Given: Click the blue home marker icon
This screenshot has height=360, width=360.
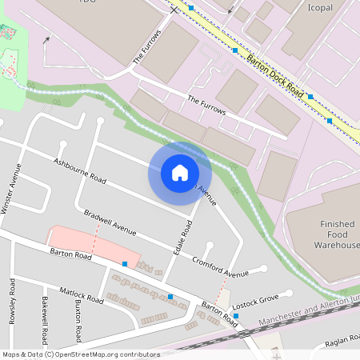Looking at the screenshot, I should point(180,173).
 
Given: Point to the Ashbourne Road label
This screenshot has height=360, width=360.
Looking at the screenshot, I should point(79,169).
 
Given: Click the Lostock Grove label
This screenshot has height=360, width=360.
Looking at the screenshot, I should point(255,302).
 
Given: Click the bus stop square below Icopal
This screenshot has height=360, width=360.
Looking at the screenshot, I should point(310,96).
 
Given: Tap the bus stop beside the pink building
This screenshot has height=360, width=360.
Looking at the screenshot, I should point(125,263).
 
